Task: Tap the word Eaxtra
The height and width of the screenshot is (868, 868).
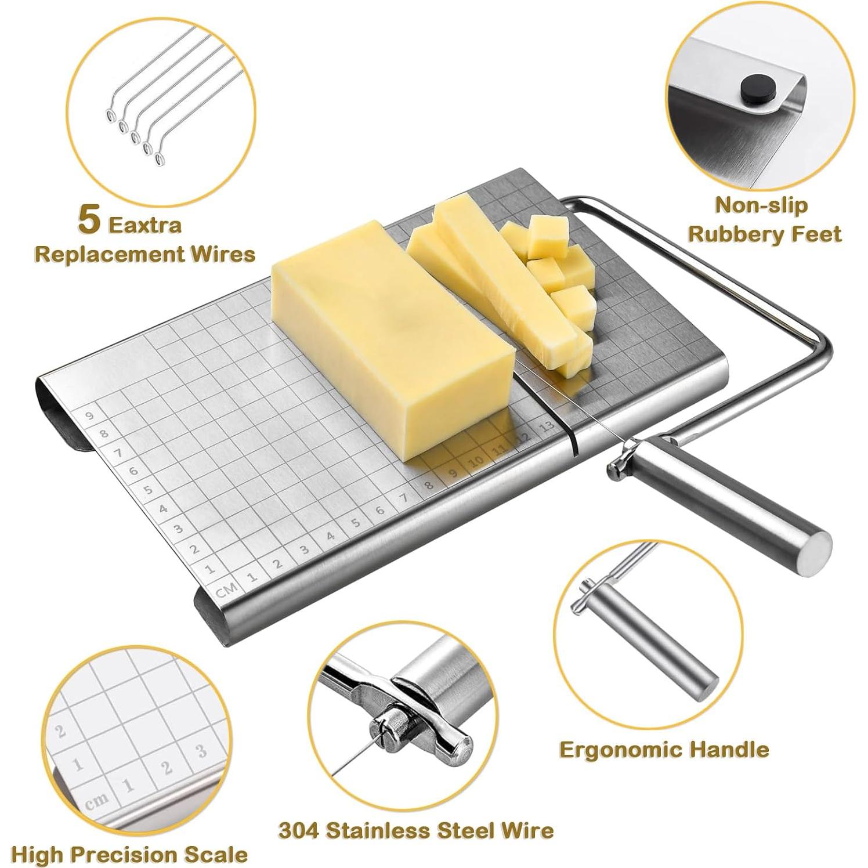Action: point(145,225)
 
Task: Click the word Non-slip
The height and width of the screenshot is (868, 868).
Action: point(761,205)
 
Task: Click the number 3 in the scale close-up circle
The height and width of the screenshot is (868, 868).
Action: point(201,751)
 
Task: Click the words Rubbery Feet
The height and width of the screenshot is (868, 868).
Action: point(764,234)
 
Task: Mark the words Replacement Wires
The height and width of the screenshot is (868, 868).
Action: point(145,254)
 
